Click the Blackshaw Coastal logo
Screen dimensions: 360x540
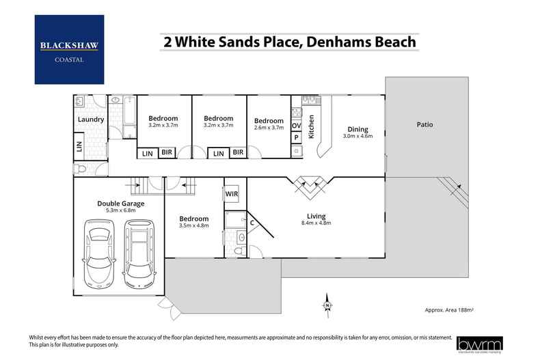point(69,50)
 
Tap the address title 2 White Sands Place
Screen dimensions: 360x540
point(288,41)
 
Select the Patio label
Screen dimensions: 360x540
point(424,125)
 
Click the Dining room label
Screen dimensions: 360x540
point(357,129)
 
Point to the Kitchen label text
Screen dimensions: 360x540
point(312,127)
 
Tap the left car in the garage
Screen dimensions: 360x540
point(98,254)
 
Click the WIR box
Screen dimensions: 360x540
point(232,194)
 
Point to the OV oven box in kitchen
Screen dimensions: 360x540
point(297,126)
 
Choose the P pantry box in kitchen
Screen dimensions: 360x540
point(297,137)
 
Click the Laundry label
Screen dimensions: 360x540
point(91,120)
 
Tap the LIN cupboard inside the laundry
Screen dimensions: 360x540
point(79,146)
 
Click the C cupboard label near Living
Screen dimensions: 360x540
point(252,222)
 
